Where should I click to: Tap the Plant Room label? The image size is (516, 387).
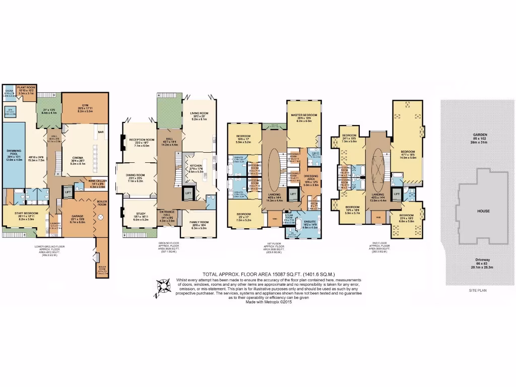point(26,88)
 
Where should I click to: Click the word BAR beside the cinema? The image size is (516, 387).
point(101,133)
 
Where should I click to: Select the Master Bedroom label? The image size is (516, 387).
point(303,115)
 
